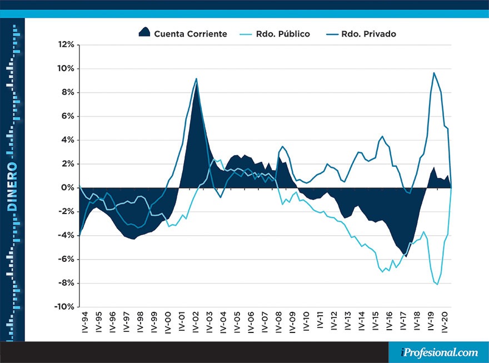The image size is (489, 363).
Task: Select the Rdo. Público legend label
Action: pyautogui.click(x=283, y=34)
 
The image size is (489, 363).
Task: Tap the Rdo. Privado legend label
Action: pyautogui.click(x=369, y=34)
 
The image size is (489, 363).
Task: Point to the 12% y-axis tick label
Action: pyautogui.click(x=66, y=44)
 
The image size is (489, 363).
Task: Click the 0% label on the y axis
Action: pyautogui.click(x=68, y=188)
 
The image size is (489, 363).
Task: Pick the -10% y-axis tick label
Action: pyautogui.click(x=64, y=307)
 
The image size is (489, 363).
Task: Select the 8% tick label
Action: pyautogui.click(x=68, y=92)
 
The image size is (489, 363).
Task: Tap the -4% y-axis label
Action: pyautogui.click(x=66, y=235)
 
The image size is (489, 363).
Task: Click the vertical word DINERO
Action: pyautogui.click(x=12, y=187)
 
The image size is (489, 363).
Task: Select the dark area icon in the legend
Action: pyautogui.click(x=144, y=32)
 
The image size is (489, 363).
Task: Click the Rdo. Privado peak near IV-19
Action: pyautogui.click(x=434, y=73)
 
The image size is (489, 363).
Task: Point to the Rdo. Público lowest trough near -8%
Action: pyautogui.click(x=437, y=285)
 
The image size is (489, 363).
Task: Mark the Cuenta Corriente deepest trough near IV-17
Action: pyautogui.click(x=406, y=256)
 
